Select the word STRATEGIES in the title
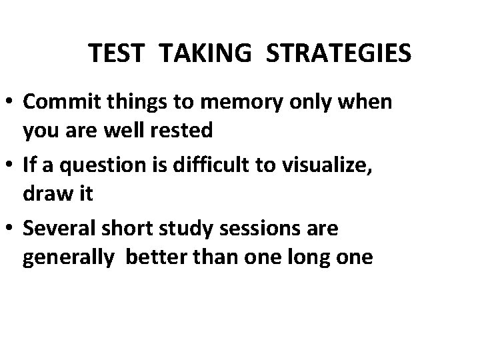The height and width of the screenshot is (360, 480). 338,54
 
